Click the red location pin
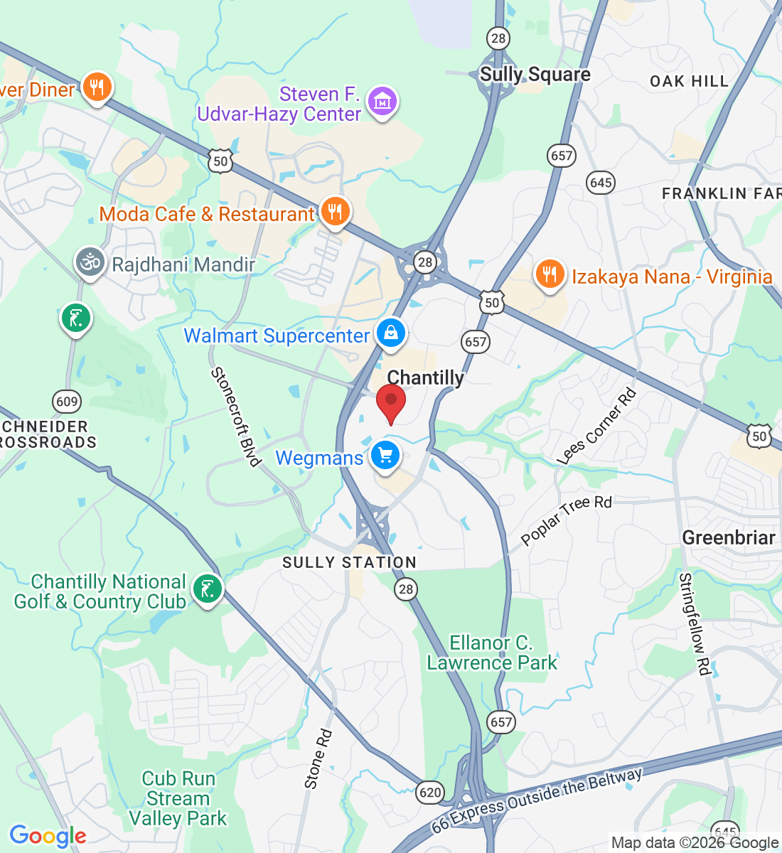click(390, 402)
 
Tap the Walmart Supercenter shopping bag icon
click(390, 333)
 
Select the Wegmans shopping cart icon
click(385, 456)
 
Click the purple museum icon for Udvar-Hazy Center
click(383, 102)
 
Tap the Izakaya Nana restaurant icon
click(550, 274)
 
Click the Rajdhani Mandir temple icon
click(90, 262)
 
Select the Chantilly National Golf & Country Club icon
click(207, 589)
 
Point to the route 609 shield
click(67, 402)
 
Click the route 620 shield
click(430, 792)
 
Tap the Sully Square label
click(535, 75)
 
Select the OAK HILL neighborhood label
click(689, 81)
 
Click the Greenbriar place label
click(728, 538)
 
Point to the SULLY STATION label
click(349, 562)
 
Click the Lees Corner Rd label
click(596, 427)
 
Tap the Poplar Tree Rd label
click(566, 520)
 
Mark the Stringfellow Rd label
click(695, 623)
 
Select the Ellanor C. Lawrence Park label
click(492, 653)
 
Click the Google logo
click(48, 836)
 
